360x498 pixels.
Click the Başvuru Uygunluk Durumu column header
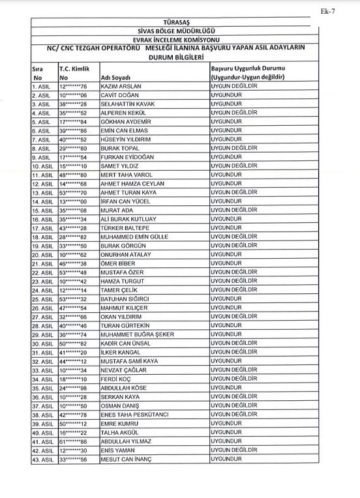point(252,68)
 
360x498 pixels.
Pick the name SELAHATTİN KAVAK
point(128,103)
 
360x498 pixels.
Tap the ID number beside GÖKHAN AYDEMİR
point(73,122)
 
